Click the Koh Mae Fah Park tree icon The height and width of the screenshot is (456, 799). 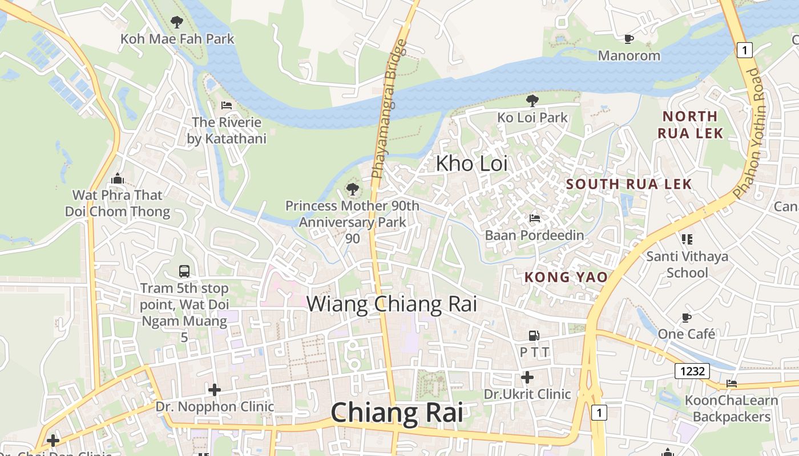click(177, 22)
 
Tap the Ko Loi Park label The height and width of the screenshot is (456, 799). click(532, 118)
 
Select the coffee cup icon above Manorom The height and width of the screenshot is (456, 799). click(628, 39)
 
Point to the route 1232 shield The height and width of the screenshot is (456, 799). click(692, 371)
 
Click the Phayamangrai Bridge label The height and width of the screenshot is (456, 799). click(388, 108)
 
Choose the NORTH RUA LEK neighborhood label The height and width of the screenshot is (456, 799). click(690, 125)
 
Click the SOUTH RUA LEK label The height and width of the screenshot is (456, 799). click(629, 184)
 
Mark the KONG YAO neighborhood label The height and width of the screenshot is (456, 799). click(566, 278)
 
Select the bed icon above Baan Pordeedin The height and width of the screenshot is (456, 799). click(534, 218)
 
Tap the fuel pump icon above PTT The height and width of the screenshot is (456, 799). click(534, 336)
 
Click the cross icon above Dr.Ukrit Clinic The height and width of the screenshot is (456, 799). click(527, 377)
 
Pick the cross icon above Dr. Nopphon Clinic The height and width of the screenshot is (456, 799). click(215, 390)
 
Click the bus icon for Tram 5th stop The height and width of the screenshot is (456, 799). click(184, 271)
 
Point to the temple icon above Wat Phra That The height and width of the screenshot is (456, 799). click(118, 178)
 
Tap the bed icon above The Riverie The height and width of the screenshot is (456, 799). click(227, 105)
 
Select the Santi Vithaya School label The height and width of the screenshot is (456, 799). click(687, 264)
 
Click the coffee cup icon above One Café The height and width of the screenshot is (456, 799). click(686, 317)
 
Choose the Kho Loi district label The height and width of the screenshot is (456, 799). click(471, 164)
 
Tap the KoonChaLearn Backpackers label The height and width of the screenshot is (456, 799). click(731, 408)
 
